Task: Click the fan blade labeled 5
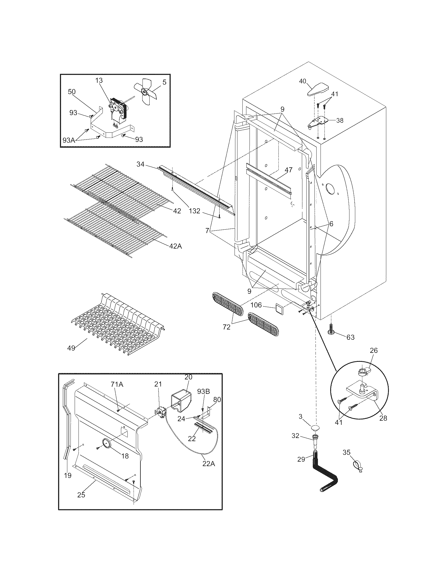[145, 92]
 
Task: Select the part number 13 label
[99, 80]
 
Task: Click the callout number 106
[256, 305]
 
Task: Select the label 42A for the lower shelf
[176, 246]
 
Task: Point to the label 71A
[117, 385]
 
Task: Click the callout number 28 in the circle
[383, 418]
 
